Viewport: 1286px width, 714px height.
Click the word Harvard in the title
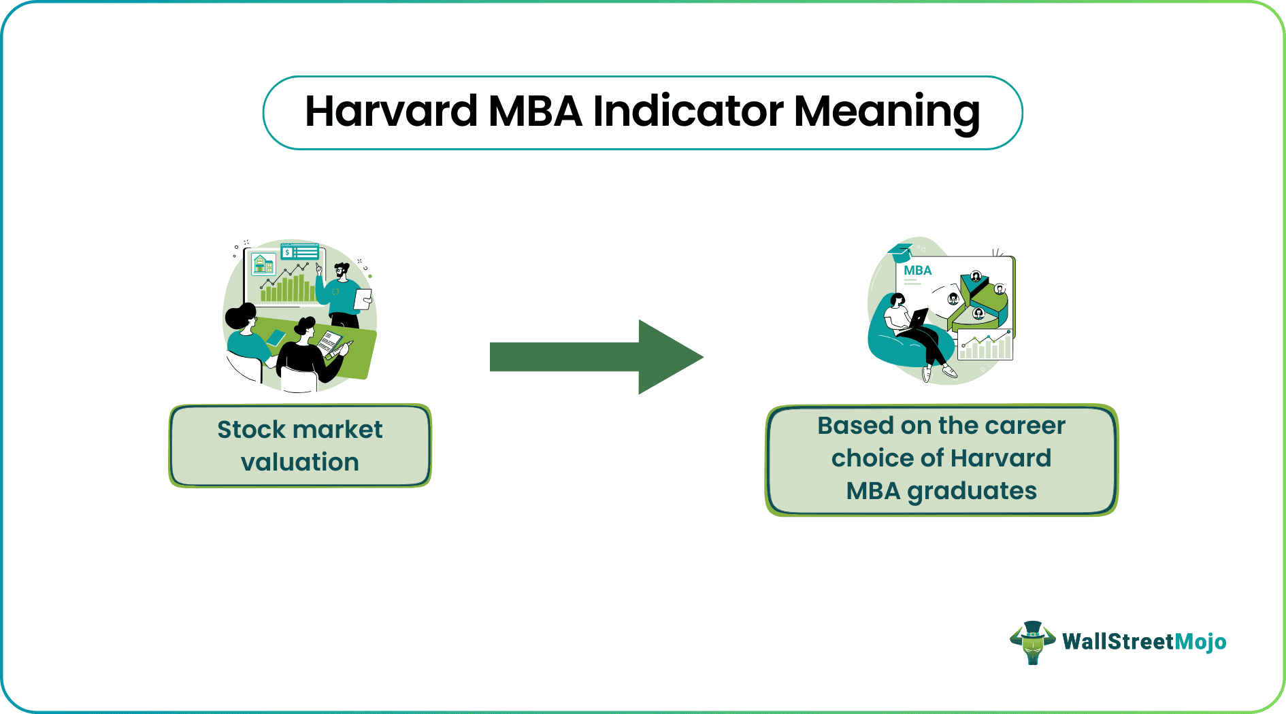(391, 111)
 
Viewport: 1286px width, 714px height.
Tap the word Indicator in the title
(688, 111)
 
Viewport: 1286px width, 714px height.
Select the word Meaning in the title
(887, 113)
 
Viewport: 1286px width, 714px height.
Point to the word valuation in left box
(299, 462)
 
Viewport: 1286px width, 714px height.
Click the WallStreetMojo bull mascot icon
(1032, 642)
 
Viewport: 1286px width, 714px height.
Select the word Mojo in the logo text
(1200, 642)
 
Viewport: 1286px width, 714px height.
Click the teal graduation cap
(900, 252)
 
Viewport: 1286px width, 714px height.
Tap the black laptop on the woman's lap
(917, 319)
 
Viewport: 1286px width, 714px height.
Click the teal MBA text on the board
(917, 270)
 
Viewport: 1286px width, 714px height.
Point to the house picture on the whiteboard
(263, 263)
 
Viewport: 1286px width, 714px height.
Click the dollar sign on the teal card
(288, 252)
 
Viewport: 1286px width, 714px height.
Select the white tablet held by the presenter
(363, 299)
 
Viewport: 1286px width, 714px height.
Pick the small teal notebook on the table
(276, 338)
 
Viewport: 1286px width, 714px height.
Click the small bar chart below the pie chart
(985, 345)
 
